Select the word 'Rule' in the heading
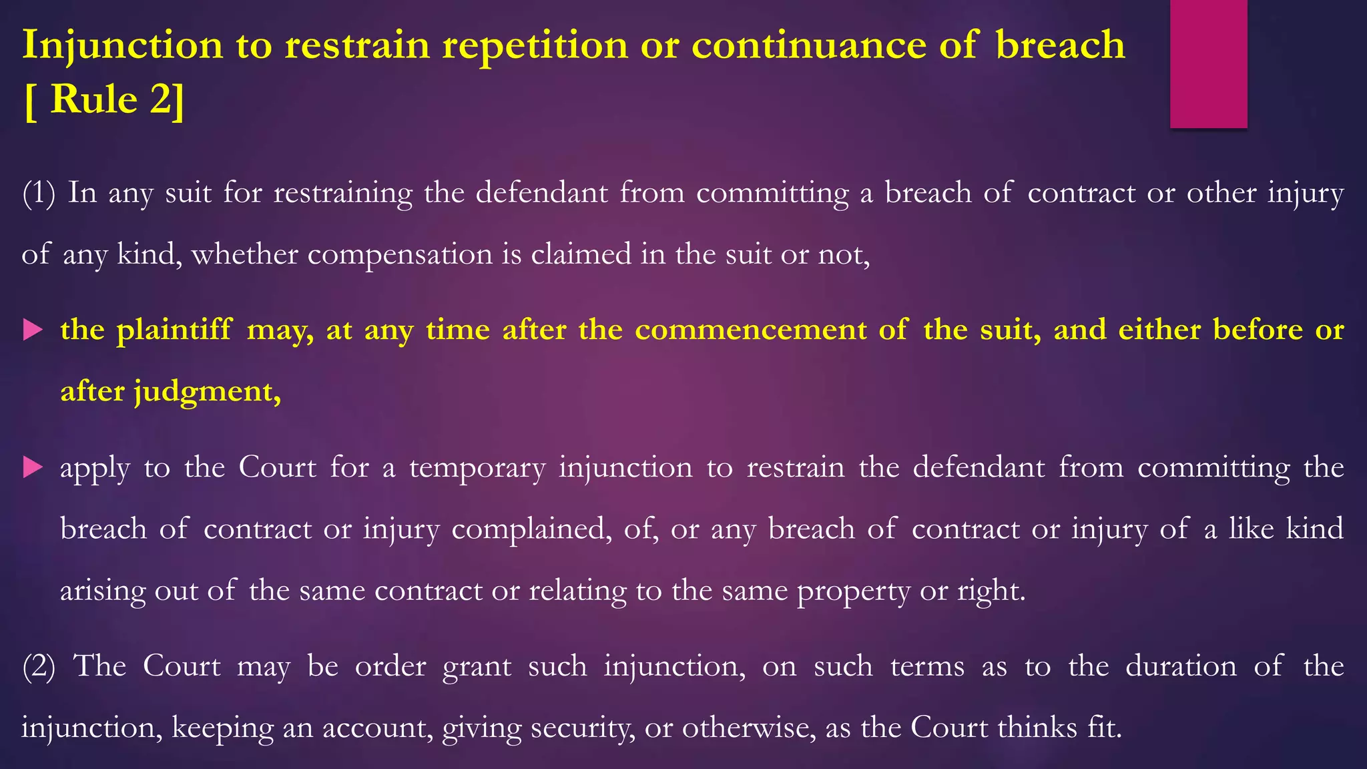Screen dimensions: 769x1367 [94, 99]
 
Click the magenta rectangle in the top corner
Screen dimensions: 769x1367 [1208, 63]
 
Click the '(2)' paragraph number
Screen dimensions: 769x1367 [39, 666]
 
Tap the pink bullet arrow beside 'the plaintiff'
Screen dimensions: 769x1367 [33, 330]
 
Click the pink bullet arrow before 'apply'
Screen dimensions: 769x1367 [33, 467]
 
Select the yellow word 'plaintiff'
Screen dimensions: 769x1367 [174, 330]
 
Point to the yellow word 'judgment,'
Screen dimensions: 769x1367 [208, 392]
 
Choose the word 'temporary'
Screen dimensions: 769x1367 [477, 468]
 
